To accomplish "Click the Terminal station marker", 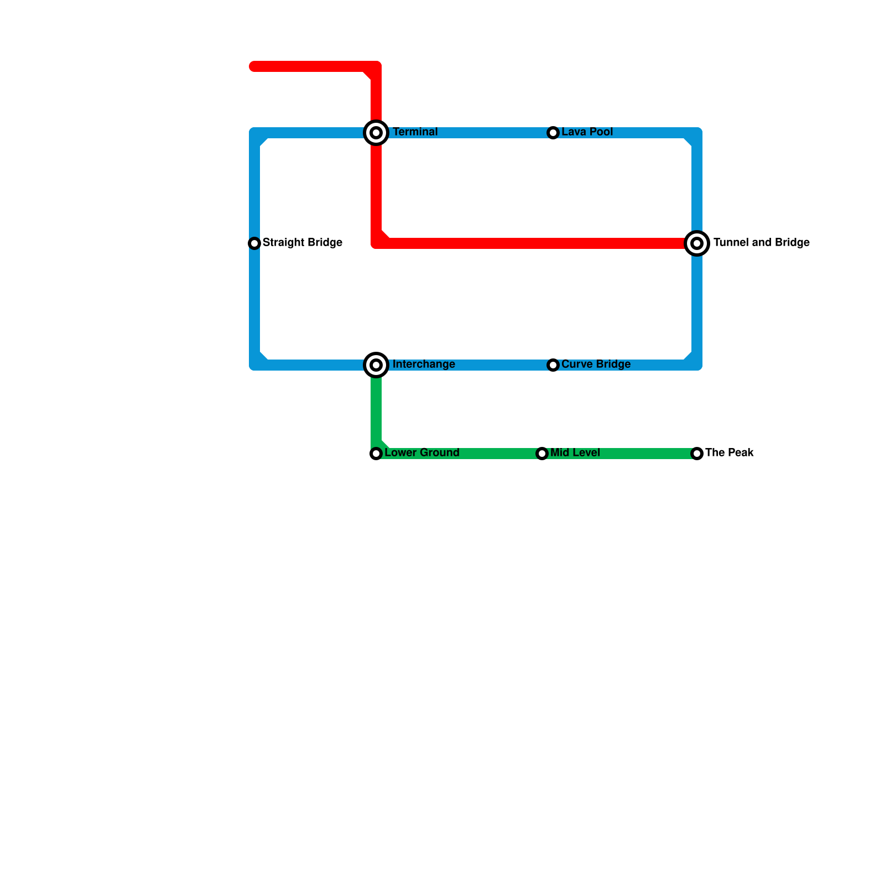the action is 376,133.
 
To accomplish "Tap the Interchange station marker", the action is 376,365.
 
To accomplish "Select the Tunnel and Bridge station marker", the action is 697,243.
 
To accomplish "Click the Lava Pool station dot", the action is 553,133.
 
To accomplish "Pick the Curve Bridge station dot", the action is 553,365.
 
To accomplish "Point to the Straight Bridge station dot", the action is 254,243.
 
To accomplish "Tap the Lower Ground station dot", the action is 376,454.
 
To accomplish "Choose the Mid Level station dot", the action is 542,454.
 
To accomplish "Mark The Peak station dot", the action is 697,454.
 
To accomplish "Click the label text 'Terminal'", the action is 415,132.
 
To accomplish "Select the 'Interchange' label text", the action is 424,365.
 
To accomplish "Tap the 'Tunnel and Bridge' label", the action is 761,243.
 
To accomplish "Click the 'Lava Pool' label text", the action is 587,132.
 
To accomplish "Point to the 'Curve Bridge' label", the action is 596,365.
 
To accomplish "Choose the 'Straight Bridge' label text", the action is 302,243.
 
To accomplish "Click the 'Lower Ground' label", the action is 421,453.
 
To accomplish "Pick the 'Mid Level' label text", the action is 575,453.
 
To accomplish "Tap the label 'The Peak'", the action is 729,453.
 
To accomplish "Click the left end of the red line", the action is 253,67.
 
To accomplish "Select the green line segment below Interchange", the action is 376,409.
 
